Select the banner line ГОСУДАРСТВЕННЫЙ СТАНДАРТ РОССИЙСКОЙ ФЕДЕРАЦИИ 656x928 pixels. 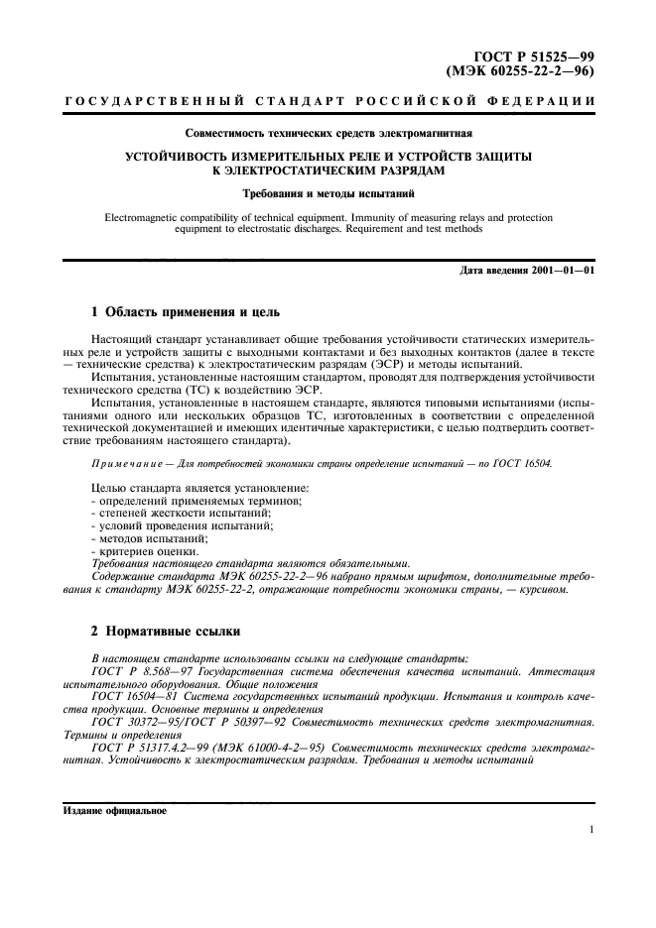[x=328, y=103]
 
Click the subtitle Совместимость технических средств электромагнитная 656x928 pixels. [x=328, y=132]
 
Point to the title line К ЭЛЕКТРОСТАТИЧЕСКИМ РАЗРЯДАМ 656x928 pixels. [x=328, y=170]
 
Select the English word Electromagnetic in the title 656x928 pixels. [x=146, y=216]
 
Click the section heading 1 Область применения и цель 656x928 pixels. [x=186, y=313]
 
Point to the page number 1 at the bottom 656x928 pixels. [x=590, y=831]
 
